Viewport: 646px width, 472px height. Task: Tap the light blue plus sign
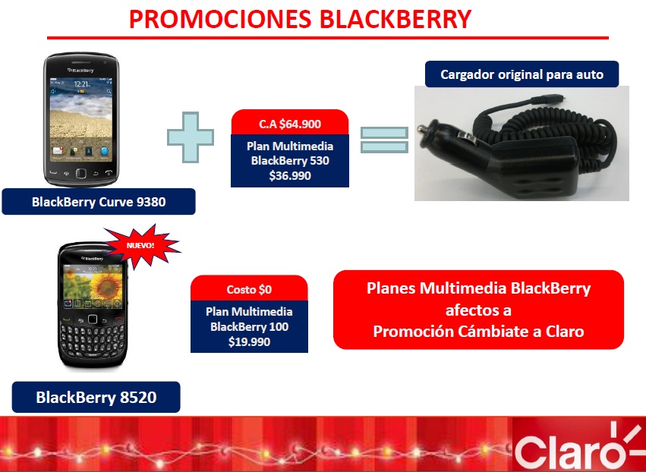coord(191,137)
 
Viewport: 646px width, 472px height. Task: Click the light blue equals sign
coord(384,140)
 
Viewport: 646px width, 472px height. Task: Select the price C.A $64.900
coord(290,124)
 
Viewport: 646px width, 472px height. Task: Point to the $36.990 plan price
coord(290,176)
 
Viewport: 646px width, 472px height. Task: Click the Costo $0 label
coord(249,290)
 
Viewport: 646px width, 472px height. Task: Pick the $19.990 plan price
coord(249,341)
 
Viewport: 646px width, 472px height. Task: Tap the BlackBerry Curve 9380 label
coord(99,202)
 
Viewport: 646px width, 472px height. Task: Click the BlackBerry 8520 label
coord(96,398)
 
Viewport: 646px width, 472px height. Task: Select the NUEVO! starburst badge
coord(142,246)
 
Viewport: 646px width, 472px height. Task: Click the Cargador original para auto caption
coord(522,74)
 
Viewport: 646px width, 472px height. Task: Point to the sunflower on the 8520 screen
coord(106,283)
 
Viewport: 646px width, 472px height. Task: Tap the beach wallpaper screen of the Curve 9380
coord(81,119)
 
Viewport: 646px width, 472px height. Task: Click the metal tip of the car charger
coord(422,129)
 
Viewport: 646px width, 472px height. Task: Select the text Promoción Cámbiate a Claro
coord(479,332)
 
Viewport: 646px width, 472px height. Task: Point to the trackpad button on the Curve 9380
coord(81,173)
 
